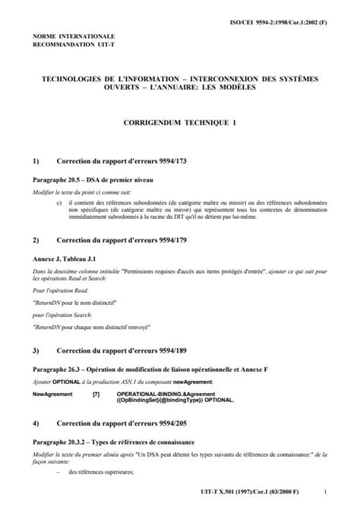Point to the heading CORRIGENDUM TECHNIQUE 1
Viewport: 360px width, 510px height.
180,122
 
